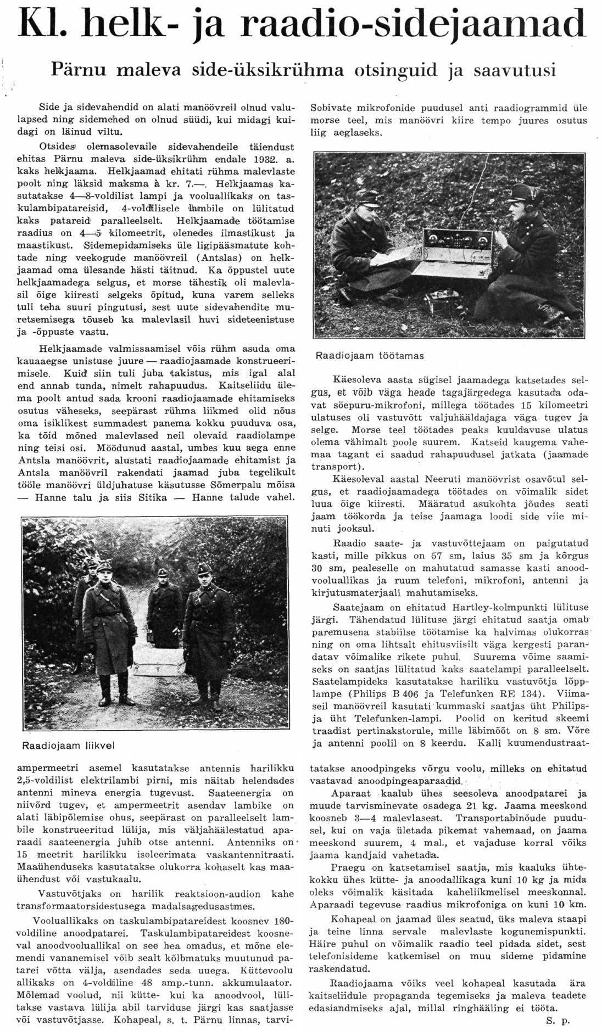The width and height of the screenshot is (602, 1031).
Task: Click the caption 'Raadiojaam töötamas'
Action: (370, 356)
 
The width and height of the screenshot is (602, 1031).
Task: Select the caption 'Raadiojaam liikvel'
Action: (68, 746)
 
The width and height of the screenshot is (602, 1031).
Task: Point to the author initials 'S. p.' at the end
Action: (558, 1021)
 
